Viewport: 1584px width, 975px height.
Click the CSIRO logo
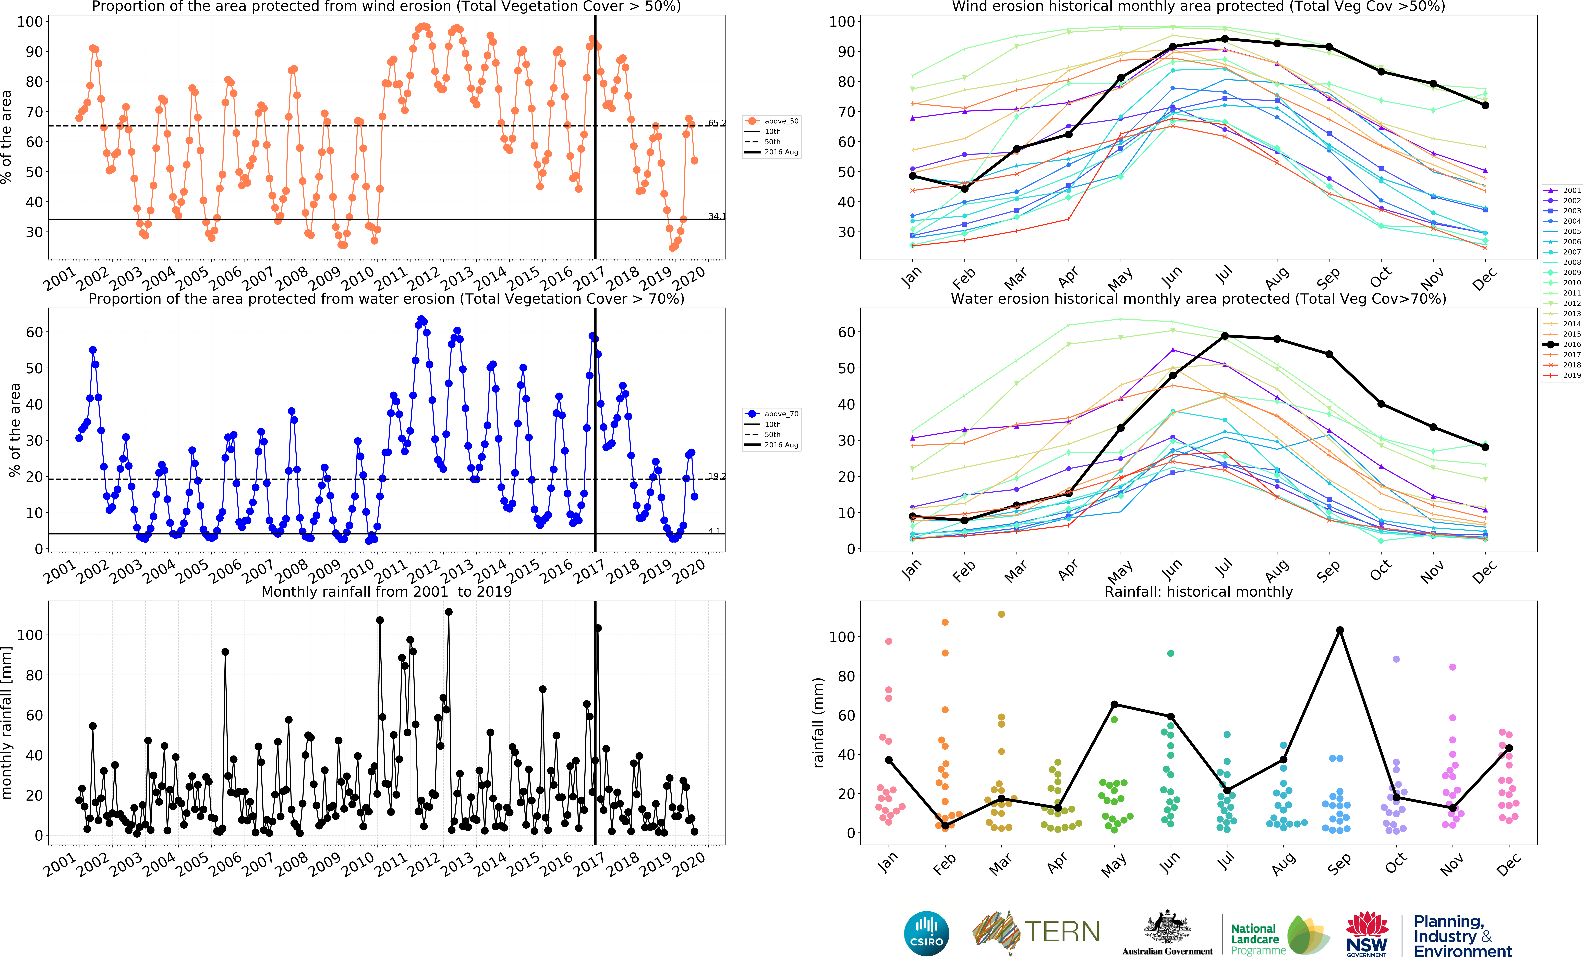(x=927, y=933)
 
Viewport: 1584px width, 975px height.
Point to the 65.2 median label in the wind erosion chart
(x=716, y=123)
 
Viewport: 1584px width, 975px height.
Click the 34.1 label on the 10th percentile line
(x=716, y=216)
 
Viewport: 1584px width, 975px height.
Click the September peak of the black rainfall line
(x=1339, y=630)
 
